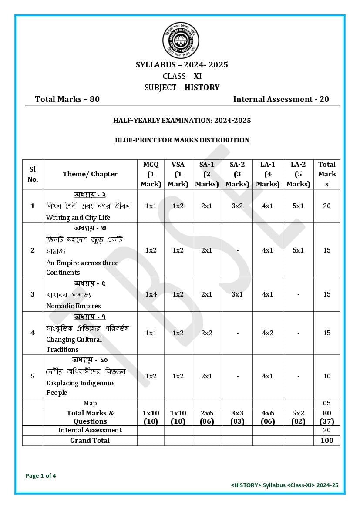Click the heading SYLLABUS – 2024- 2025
182,65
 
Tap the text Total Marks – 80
67,99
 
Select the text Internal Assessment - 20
281,99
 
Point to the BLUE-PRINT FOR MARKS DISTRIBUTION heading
182,140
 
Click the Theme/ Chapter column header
90,174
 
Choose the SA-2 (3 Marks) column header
237,174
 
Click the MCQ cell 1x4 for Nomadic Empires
151,294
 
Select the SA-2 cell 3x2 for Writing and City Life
237,206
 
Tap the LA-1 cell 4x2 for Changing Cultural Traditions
268,333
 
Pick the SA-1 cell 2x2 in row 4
207,333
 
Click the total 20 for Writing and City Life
327,206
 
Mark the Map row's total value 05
327,403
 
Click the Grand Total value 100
327,441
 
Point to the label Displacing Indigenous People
81,388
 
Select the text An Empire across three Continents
82,267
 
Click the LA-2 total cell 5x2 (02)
298,417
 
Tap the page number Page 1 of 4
41,476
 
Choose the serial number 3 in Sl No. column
33,294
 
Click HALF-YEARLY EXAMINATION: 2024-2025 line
182,121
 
